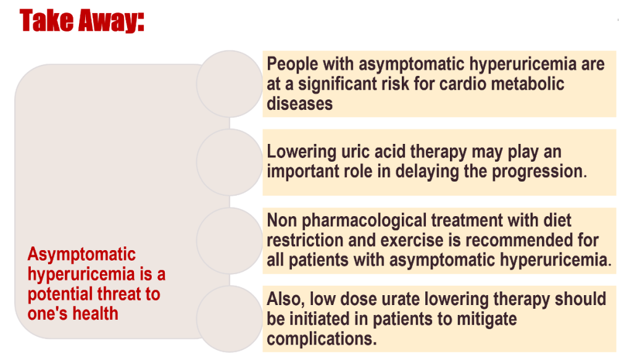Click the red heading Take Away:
click(x=83, y=21)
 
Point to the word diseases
click(x=299, y=104)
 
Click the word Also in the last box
click(x=285, y=299)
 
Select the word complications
click(x=320, y=339)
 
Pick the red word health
click(x=95, y=314)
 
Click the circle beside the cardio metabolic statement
click(x=230, y=84)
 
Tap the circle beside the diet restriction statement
click(x=230, y=240)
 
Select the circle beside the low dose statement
click(x=230, y=319)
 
